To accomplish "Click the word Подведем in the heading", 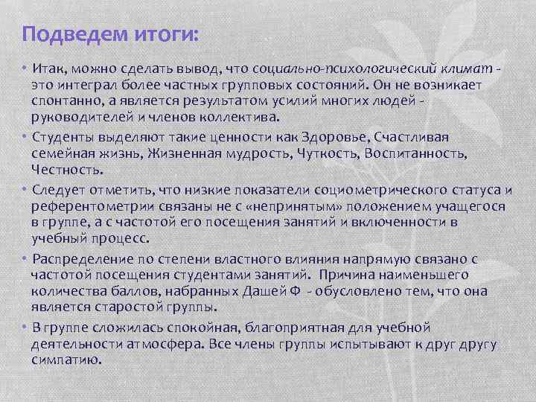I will coord(66,34).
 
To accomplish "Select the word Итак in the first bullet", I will coord(48,69).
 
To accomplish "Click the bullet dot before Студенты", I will coord(25,137).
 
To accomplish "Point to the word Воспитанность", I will coord(423,153).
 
